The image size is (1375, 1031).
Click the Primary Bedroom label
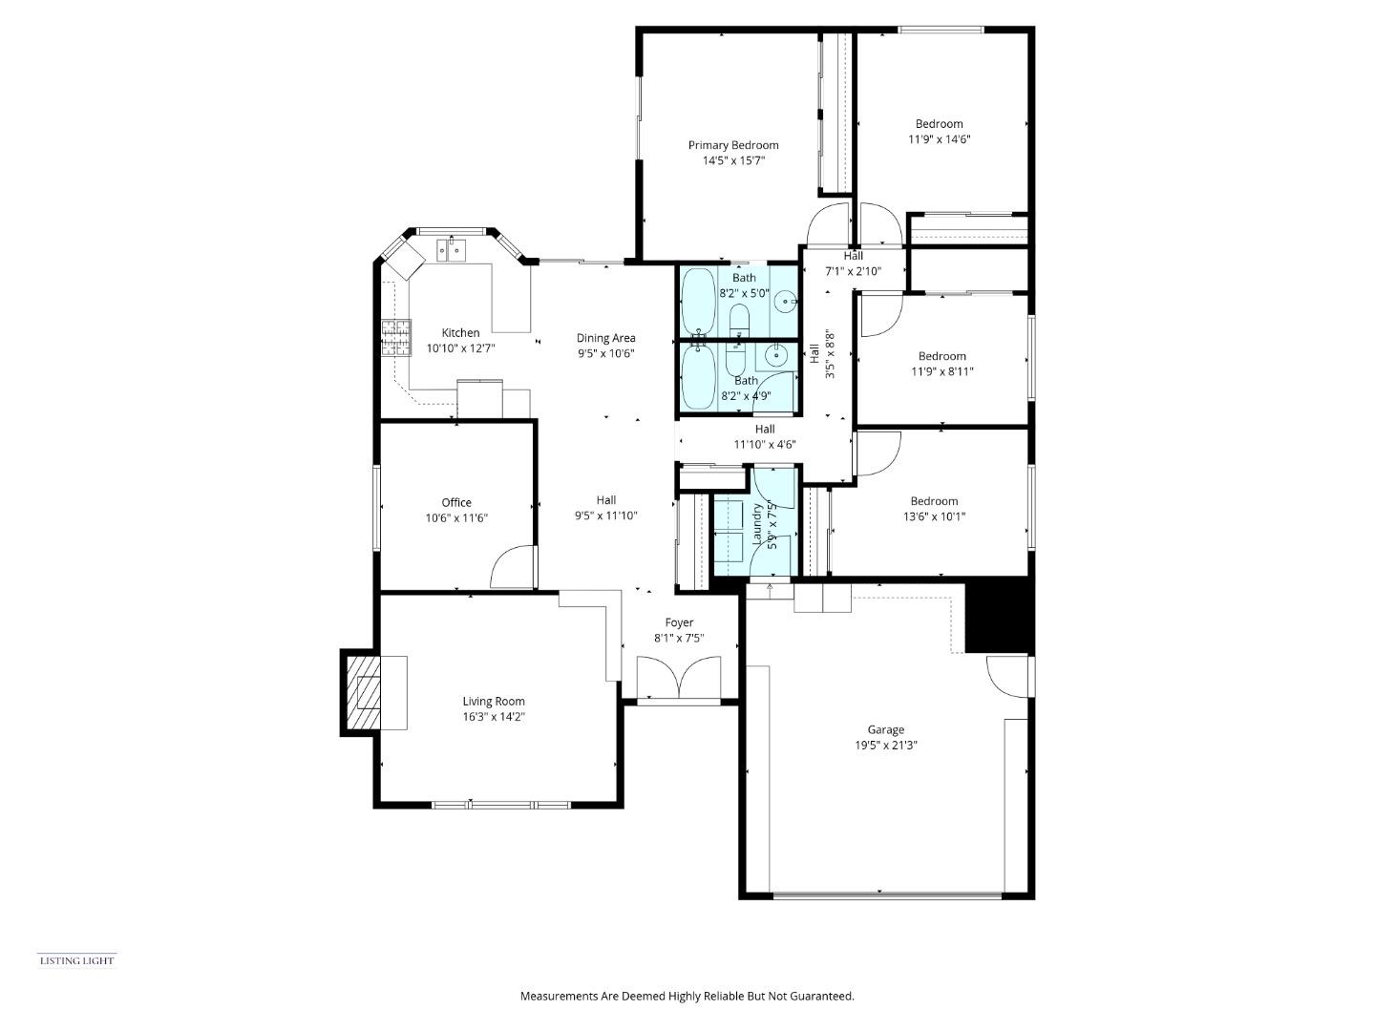click(x=733, y=145)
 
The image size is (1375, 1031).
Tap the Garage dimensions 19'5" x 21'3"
click(x=885, y=746)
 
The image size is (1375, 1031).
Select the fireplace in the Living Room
click(x=362, y=692)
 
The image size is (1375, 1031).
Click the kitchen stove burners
click(x=396, y=338)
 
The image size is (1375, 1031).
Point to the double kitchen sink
click(x=451, y=250)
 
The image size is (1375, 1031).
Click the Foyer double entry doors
click(x=679, y=680)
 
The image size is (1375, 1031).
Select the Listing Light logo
click(x=76, y=960)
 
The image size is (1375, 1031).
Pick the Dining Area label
click(x=605, y=338)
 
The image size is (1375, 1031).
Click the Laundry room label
click(x=758, y=526)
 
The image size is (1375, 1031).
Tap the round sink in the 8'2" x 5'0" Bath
click(x=784, y=303)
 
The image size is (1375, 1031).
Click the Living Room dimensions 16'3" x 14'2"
click(x=494, y=717)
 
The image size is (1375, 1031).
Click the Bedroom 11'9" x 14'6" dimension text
click(x=940, y=139)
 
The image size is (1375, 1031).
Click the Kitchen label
click(x=460, y=333)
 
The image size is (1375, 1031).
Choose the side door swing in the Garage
click(x=1008, y=675)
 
